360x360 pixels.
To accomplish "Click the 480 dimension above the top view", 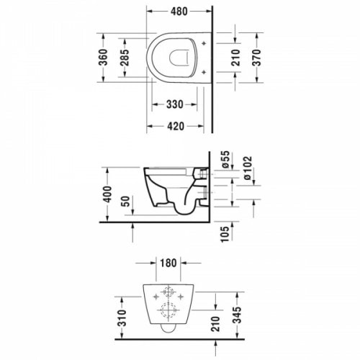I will (x=180, y=11).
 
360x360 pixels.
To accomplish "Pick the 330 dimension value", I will (x=174, y=104).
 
